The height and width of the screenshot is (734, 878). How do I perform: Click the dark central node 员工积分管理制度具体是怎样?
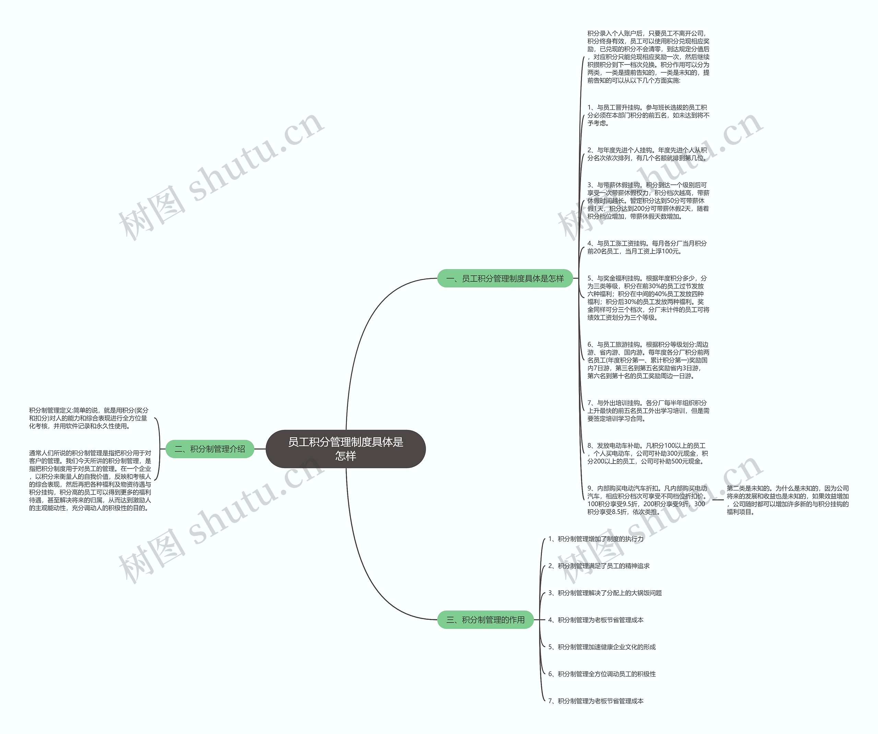click(x=345, y=448)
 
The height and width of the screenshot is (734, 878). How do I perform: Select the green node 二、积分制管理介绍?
click(x=210, y=449)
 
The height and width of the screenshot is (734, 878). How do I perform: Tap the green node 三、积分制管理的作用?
click(x=485, y=619)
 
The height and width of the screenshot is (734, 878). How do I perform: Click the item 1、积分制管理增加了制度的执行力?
click(x=596, y=539)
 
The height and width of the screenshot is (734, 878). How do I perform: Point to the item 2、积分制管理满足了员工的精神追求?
click(x=599, y=566)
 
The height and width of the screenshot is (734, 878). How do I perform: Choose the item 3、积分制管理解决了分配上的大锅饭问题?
click(x=605, y=593)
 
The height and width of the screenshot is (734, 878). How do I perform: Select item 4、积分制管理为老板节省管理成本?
click(x=596, y=619)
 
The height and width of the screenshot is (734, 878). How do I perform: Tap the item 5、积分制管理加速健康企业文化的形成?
click(x=602, y=646)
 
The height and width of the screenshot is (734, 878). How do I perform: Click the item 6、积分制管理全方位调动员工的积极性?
click(x=602, y=674)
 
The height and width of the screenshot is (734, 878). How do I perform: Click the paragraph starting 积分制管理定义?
click(x=88, y=418)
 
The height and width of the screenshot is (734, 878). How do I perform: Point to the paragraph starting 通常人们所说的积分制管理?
click(x=90, y=480)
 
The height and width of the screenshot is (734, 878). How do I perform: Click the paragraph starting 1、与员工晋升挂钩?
click(x=648, y=115)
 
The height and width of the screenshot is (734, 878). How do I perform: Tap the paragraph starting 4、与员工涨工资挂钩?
click(x=647, y=247)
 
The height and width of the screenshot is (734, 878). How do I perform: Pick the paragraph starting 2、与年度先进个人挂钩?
click(x=647, y=154)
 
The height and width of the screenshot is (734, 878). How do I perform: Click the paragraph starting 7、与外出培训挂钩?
click(x=648, y=410)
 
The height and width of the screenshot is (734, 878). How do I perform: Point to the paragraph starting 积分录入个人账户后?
click(x=648, y=57)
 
